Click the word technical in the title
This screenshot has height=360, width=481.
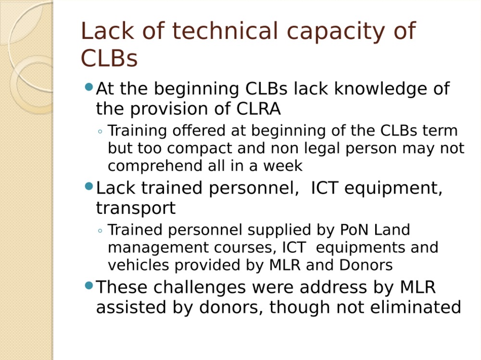click(x=225, y=31)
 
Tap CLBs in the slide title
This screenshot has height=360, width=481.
click(x=109, y=58)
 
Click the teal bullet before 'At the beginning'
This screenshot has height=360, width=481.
click(x=89, y=87)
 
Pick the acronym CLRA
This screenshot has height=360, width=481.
click(x=258, y=109)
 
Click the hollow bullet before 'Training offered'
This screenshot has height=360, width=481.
click(x=100, y=132)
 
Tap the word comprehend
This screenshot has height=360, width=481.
click(x=155, y=166)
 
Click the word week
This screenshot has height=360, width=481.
click(x=283, y=166)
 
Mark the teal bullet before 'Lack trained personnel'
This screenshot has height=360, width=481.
click(x=89, y=186)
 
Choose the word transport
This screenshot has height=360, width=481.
click(x=136, y=209)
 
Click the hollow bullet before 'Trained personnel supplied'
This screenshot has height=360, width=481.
click(x=100, y=231)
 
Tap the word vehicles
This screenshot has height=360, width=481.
click(x=139, y=265)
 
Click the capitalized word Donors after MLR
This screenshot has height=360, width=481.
click(x=366, y=265)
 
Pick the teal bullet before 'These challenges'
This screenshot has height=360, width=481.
click(x=89, y=286)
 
